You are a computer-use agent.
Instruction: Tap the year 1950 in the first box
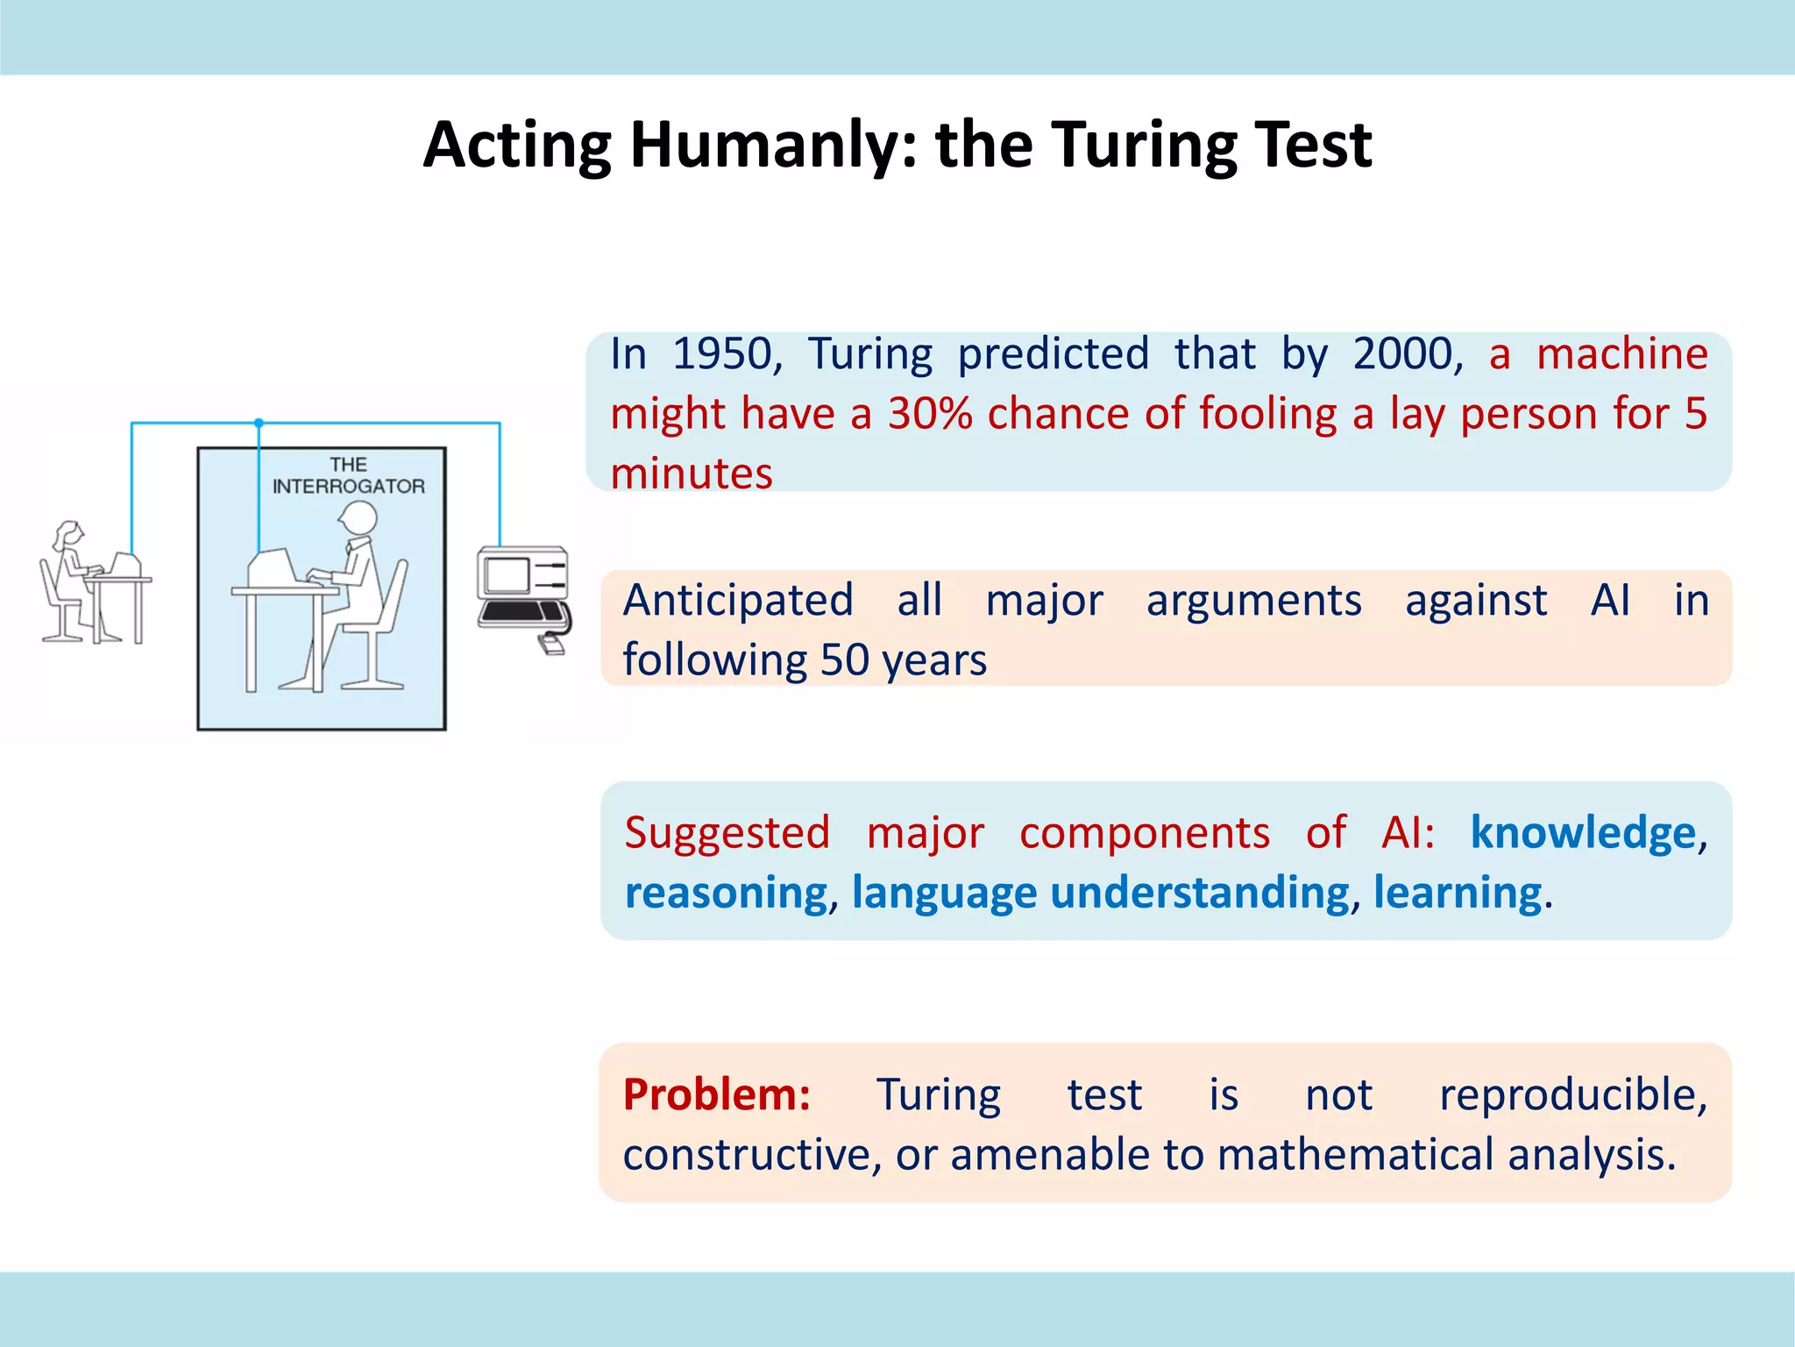pyautogui.click(x=722, y=354)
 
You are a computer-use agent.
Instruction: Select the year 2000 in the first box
pyautogui.click(x=1402, y=354)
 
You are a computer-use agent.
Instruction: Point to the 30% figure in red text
pyautogui.click(x=929, y=414)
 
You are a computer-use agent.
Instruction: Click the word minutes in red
pyautogui.click(x=692, y=474)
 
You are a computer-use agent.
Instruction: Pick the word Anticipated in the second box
pyautogui.click(x=738, y=602)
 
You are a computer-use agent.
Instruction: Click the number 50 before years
pyautogui.click(x=844, y=660)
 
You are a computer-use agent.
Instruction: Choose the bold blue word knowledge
pyautogui.click(x=1583, y=832)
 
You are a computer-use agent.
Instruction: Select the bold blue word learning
pyautogui.click(x=1457, y=893)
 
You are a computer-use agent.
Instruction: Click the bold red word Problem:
pyautogui.click(x=717, y=1094)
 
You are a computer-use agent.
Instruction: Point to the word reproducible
pyautogui.click(x=1572, y=1095)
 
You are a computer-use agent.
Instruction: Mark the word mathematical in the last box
pyautogui.click(x=1355, y=1155)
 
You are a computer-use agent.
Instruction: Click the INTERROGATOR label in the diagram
pyautogui.click(x=348, y=487)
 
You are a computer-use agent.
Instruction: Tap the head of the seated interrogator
pyautogui.click(x=358, y=517)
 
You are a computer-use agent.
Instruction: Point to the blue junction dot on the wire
pyautogui.click(x=259, y=424)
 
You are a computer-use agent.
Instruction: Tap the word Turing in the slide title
pyautogui.click(x=1145, y=146)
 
